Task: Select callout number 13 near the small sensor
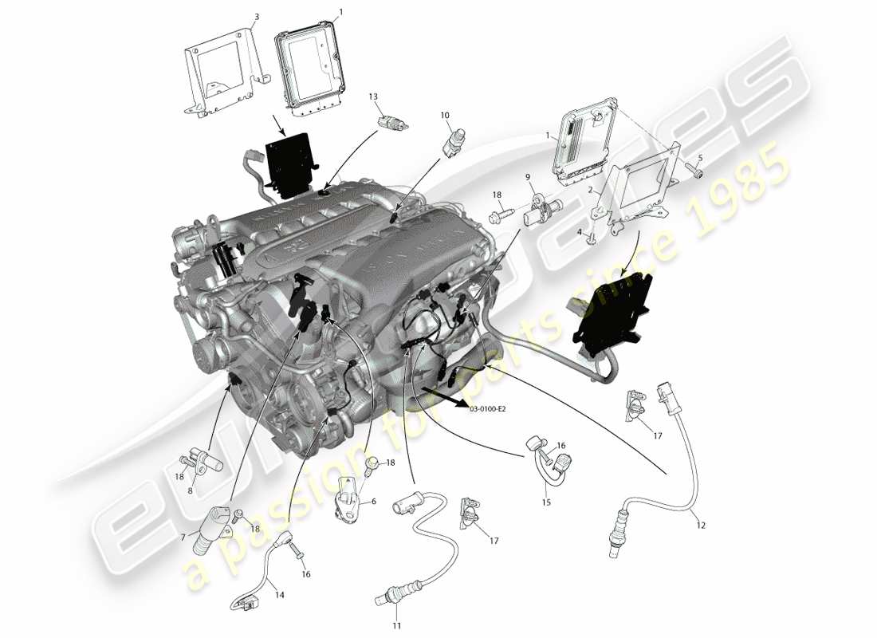[372, 96]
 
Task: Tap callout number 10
[445, 115]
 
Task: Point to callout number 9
[527, 176]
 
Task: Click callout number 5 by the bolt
[700, 157]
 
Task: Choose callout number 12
[701, 526]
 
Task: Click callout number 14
[279, 594]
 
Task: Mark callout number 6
[372, 502]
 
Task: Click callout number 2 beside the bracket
[590, 191]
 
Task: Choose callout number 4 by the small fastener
[580, 232]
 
